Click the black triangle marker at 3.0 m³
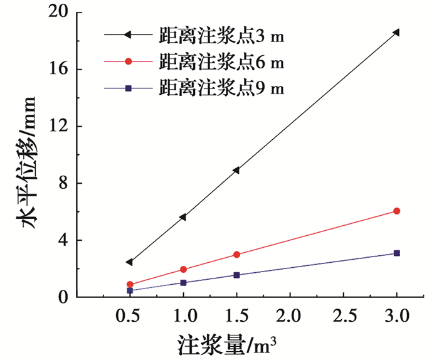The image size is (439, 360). point(396,33)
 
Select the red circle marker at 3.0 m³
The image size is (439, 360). point(396,211)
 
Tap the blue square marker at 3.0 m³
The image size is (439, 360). point(396,253)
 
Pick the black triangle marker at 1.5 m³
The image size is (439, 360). point(236,170)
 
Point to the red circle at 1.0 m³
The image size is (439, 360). point(183,270)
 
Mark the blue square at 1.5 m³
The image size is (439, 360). point(236,275)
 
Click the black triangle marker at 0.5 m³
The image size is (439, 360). point(129,262)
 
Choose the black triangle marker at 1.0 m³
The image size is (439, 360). point(182,217)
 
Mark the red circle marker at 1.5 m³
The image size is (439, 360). point(236,255)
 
